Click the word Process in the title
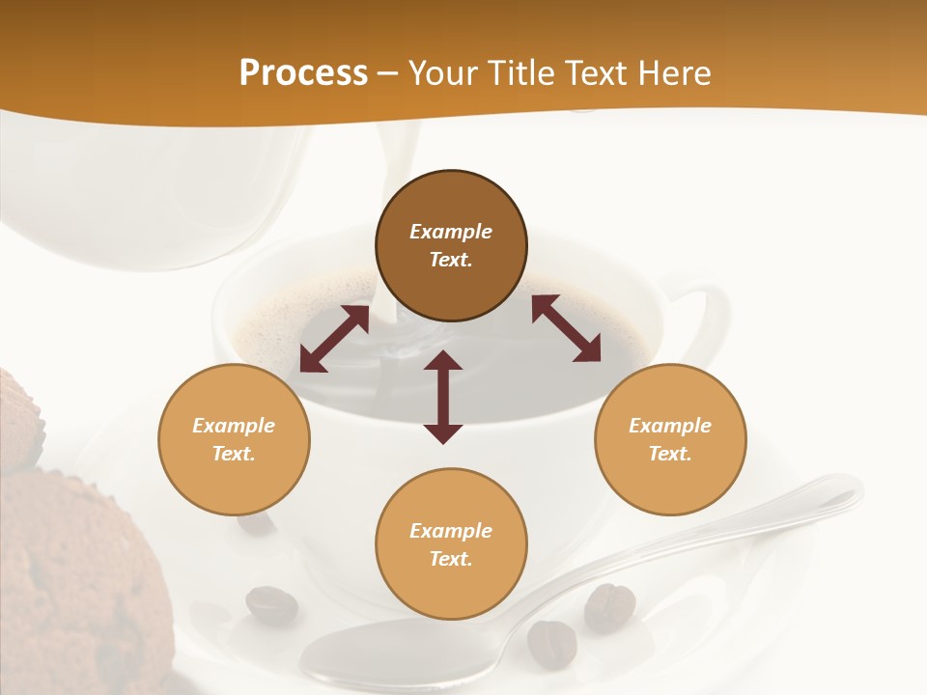[x=303, y=72]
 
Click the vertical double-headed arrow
[x=443, y=397]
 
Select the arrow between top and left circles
[x=334, y=339]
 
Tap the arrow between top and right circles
[x=566, y=328]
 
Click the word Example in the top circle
[x=451, y=232]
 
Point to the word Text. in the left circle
[x=234, y=454]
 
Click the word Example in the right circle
[x=670, y=426]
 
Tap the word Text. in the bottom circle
[x=451, y=559]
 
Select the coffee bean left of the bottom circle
[x=271, y=605]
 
